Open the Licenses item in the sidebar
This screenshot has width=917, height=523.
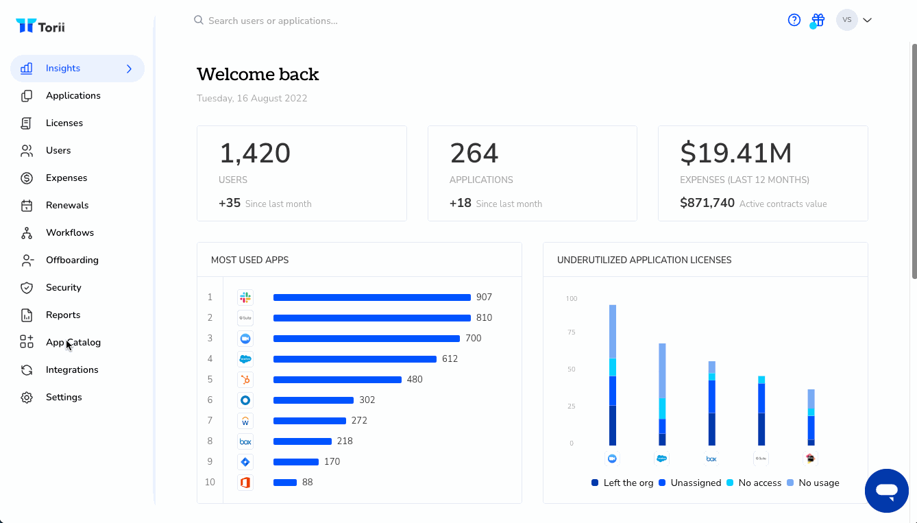pyautogui.click(x=64, y=123)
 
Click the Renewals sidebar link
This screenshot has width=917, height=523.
pyautogui.click(x=67, y=205)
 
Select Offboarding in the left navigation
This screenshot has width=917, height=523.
pyautogui.click(x=72, y=260)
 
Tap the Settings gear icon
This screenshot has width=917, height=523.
pyautogui.click(x=27, y=398)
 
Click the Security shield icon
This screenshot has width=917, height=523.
pyautogui.click(x=27, y=287)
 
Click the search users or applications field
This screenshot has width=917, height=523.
pyautogui.click(x=273, y=21)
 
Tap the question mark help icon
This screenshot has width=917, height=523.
pyautogui.click(x=794, y=20)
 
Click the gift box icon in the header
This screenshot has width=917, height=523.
pyautogui.click(x=818, y=20)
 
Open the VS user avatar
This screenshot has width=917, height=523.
pyautogui.click(x=846, y=20)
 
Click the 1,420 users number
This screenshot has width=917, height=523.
pyautogui.click(x=255, y=153)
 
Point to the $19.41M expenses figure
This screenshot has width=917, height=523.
pyautogui.click(x=735, y=153)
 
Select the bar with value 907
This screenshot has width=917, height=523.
pyautogui.click(x=371, y=297)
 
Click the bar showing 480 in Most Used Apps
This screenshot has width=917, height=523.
pyautogui.click(x=337, y=380)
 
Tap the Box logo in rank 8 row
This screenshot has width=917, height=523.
pyautogui.click(x=245, y=441)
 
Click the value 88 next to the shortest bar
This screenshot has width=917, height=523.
pyautogui.click(x=308, y=483)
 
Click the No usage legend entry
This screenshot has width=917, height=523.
pyautogui.click(x=813, y=483)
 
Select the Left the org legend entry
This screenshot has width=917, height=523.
pyautogui.click(x=622, y=483)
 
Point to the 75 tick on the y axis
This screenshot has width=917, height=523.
pyautogui.click(x=572, y=332)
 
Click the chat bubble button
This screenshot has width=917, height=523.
pyautogui.click(x=886, y=491)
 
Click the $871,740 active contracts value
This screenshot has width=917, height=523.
pyautogui.click(x=707, y=203)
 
